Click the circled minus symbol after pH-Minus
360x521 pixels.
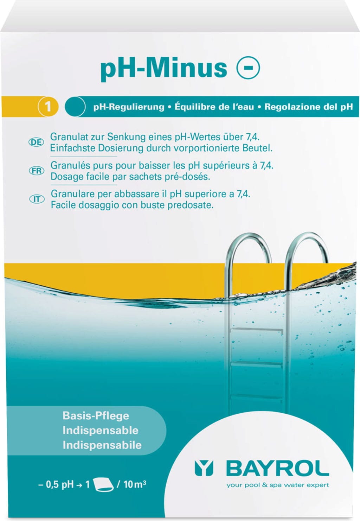248,68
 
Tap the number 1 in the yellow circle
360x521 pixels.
48,106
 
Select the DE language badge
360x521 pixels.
36,142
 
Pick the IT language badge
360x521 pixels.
37,199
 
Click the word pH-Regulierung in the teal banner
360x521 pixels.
129,107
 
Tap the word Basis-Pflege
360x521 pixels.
96,415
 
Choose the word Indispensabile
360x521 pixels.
102,445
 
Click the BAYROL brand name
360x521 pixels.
277,469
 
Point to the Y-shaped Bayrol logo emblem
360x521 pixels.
204,469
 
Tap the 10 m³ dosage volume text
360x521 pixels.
135,484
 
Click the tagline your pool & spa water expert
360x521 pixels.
278,485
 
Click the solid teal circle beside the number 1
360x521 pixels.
75,106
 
